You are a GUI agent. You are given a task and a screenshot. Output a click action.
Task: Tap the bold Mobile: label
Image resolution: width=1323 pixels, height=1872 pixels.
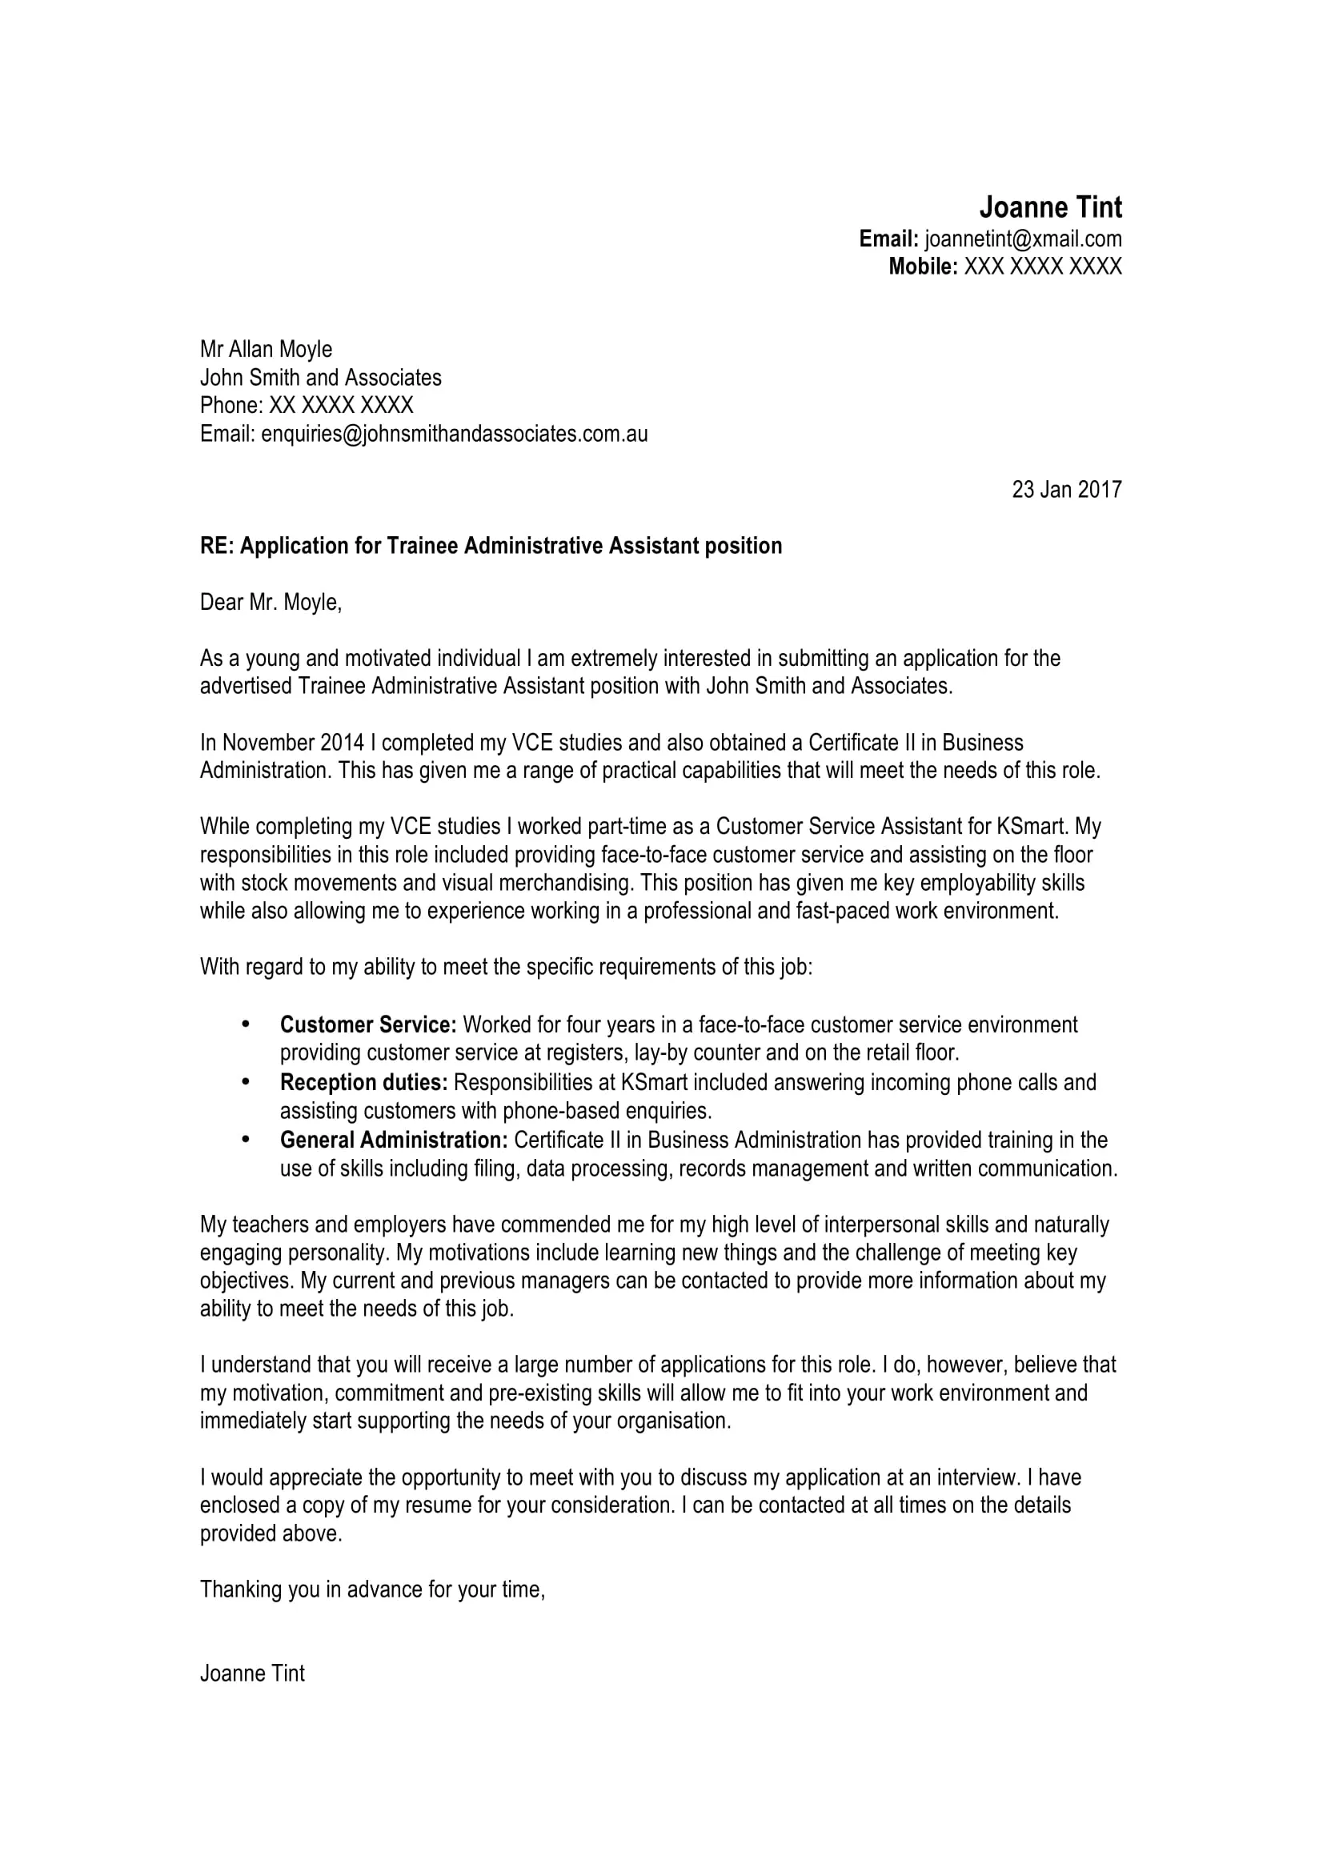[922, 267]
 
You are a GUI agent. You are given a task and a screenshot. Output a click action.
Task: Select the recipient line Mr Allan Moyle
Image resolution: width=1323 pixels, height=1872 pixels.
[266, 349]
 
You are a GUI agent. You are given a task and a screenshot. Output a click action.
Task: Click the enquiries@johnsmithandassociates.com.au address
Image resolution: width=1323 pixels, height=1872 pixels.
[454, 434]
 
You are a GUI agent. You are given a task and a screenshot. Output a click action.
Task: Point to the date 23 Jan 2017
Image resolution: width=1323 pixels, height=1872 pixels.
[1066, 489]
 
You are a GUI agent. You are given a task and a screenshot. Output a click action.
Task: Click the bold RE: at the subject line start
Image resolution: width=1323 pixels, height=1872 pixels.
[217, 546]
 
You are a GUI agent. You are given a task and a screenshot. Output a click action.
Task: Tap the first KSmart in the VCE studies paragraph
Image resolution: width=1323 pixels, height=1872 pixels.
[1030, 827]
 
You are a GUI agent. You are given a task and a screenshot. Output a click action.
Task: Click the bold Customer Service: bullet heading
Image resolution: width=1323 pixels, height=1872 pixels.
[367, 1025]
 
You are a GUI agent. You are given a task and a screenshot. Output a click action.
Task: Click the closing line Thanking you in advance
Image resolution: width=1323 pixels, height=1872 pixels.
[371, 1589]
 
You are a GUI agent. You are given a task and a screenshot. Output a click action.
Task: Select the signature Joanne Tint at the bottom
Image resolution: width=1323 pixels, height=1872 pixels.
[252, 1673]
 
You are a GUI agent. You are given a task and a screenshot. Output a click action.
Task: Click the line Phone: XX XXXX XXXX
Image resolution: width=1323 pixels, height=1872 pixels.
[307, 405]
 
